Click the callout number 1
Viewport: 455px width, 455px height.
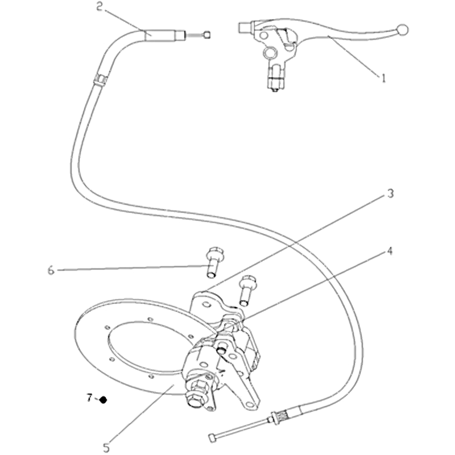(383, 78)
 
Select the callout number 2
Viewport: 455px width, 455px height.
(100, 6)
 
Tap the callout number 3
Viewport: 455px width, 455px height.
(391, 193)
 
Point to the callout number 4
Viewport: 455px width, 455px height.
(390, 251)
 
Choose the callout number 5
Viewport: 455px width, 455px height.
(106, 448)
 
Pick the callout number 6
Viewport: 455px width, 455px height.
(51, 271)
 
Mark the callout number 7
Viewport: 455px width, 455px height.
(90, 397)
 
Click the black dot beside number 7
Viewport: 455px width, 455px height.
(103, 400)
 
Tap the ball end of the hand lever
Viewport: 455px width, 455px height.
(402, 30)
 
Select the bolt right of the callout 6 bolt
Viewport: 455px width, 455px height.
(247, 291)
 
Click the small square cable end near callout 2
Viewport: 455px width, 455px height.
(208, 35)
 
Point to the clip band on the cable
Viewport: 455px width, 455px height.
(101, 79)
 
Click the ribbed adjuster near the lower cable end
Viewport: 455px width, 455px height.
(283, 416)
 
